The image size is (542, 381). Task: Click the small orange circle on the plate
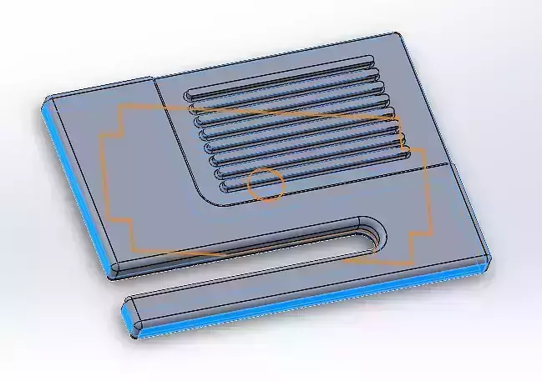266,184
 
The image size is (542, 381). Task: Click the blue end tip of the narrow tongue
130,322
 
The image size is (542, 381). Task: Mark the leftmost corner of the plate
44,103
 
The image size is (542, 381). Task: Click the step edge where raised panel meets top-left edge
154,81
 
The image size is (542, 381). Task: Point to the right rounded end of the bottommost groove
406,154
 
